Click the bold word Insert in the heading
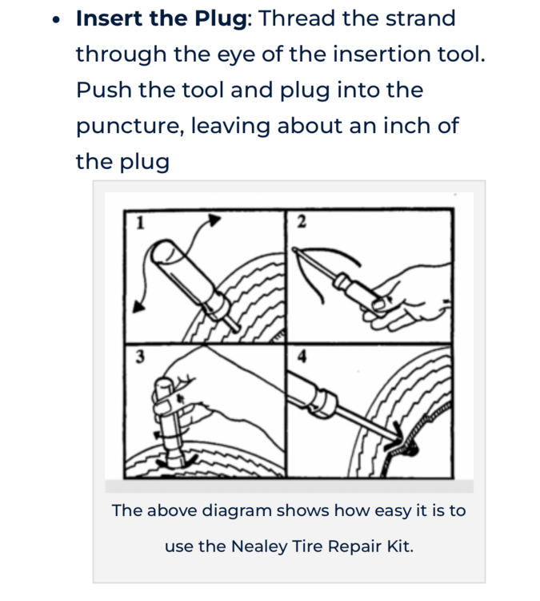[x=109, y=18]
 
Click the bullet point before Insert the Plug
[x=56, y=19]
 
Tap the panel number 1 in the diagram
[x=140, y=223]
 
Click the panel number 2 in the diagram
[x=302, y=222]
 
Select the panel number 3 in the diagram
[x=140, y=357]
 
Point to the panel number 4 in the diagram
[x=302, y=357]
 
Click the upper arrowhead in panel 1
[x=214, y=220]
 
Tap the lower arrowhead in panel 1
[x=138, y=307]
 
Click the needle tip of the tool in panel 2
[x=294, y=249]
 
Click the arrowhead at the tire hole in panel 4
[x=398, y=433]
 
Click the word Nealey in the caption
[x=258, y=547]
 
